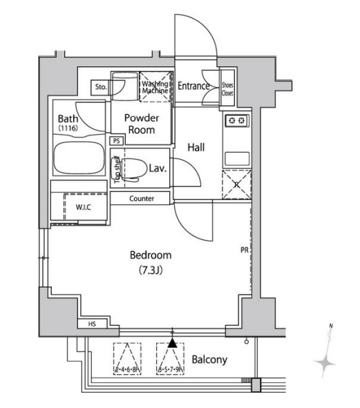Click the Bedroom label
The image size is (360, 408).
[x=151, y=255]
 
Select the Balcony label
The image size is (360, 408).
[x=209, y=360]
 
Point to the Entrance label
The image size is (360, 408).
[x=193, y=86]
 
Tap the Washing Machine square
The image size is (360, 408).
[x=155, y=87]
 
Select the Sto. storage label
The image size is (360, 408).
[x=100, y=88]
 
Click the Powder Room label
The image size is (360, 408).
[x=142, y=124]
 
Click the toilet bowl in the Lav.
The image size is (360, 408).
[x=137, y=168]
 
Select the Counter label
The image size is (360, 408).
[x=150, y=199]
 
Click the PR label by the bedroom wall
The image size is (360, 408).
[x=245, y=251]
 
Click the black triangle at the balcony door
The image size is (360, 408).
[x=172, y=342]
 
